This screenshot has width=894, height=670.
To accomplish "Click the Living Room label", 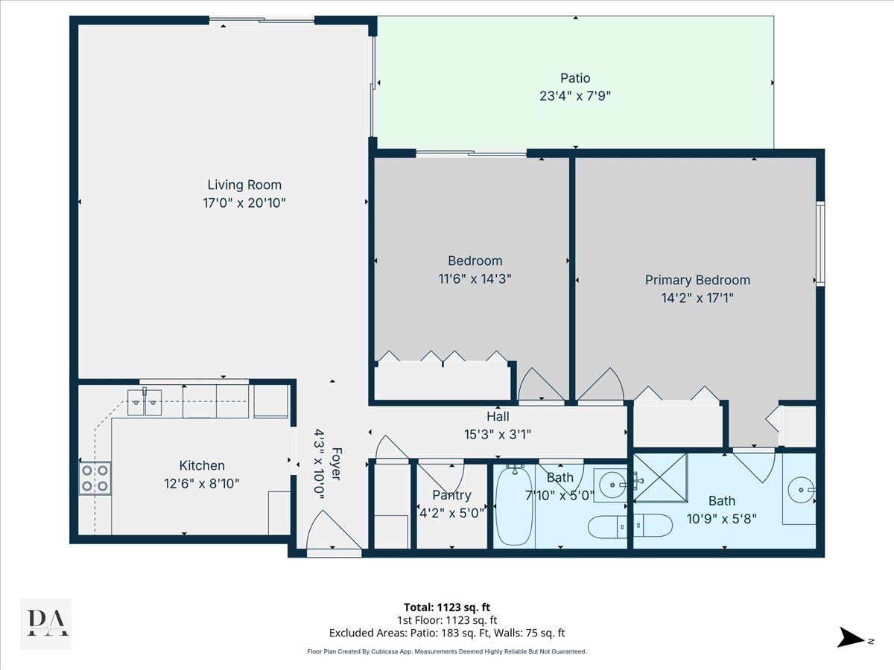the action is coord(244,185).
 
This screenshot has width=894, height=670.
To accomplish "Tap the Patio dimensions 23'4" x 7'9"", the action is coord(575,96).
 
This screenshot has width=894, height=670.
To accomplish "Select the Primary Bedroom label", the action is coord(697,280).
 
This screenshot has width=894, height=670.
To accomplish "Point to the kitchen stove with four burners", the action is coord(95,478).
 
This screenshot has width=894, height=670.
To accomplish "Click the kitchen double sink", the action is coord(145,402).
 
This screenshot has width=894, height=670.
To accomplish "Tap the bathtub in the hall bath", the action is coord(514,506).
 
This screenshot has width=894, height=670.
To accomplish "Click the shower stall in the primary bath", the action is coord(660,478).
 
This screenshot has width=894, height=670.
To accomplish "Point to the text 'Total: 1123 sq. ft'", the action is coord(447,607).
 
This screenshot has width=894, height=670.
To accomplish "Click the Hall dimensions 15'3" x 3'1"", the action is coord(498,435).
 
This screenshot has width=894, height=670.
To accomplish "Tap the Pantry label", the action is coord(451,495).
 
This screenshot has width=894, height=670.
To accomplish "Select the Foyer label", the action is coord(337,464).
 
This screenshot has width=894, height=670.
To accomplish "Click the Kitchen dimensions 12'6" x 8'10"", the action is coord(202,483).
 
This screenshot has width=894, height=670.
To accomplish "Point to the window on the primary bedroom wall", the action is coord(821,243).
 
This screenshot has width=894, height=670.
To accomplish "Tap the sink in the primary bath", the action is coord(801,490).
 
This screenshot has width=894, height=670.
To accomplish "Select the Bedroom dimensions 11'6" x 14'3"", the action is coord(475,278).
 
